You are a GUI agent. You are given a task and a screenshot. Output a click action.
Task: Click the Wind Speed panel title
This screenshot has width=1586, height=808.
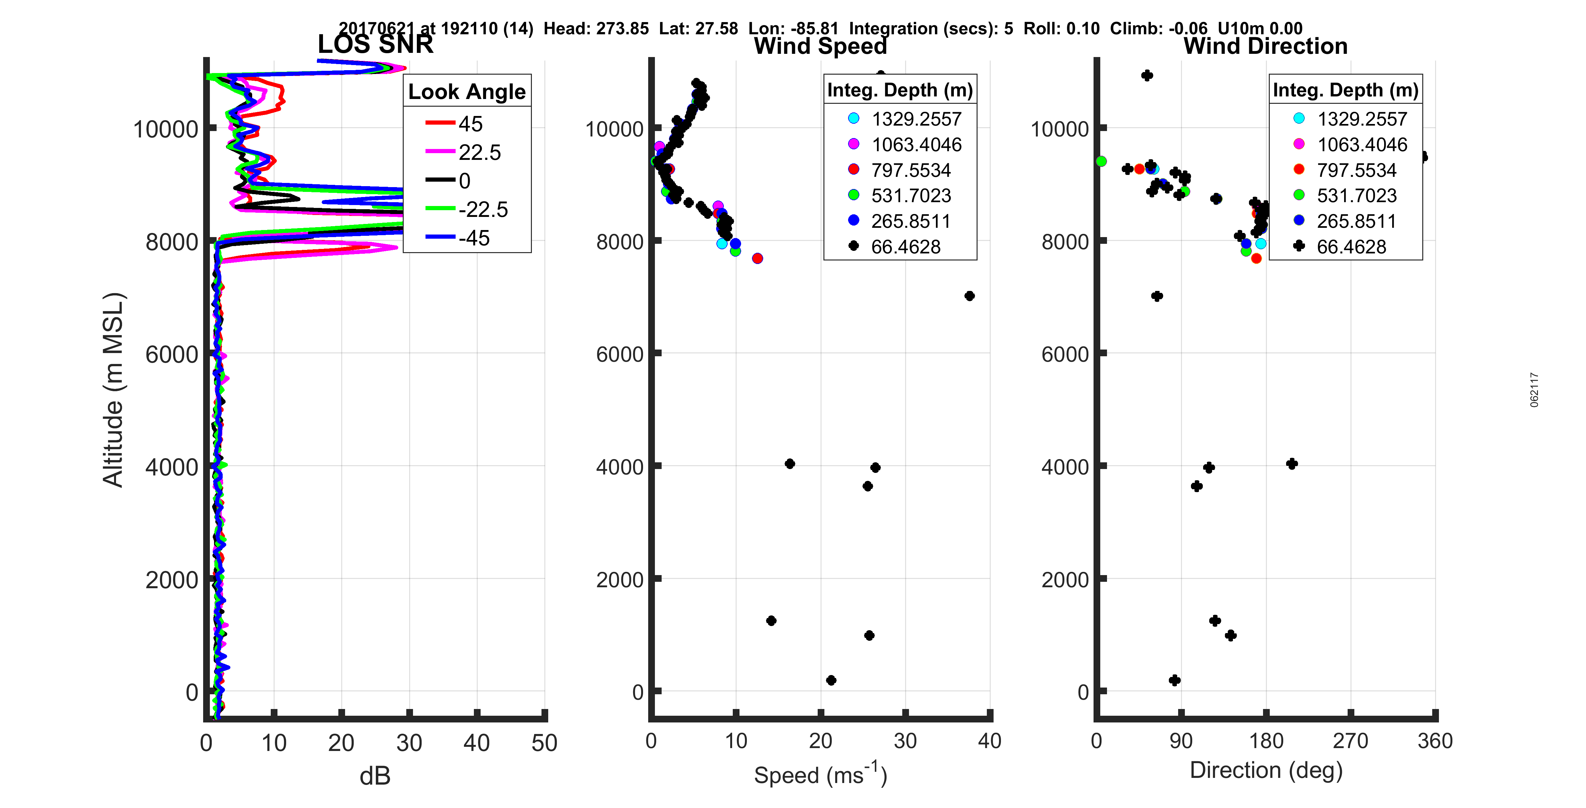820,46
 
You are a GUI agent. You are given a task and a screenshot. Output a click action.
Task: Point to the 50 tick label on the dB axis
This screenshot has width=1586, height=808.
544,743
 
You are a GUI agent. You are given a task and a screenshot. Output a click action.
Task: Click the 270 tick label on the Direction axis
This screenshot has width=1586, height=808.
1350,740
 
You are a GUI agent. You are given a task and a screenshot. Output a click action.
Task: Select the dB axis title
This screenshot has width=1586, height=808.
375,776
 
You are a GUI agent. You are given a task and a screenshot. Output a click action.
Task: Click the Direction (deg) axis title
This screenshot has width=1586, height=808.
1266,770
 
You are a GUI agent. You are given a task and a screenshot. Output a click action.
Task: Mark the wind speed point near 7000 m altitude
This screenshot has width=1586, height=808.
969,296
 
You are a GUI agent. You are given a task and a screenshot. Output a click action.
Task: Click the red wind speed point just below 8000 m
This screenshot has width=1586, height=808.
757,259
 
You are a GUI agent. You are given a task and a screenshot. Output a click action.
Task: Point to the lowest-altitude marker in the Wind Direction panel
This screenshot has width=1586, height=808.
1174,680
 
